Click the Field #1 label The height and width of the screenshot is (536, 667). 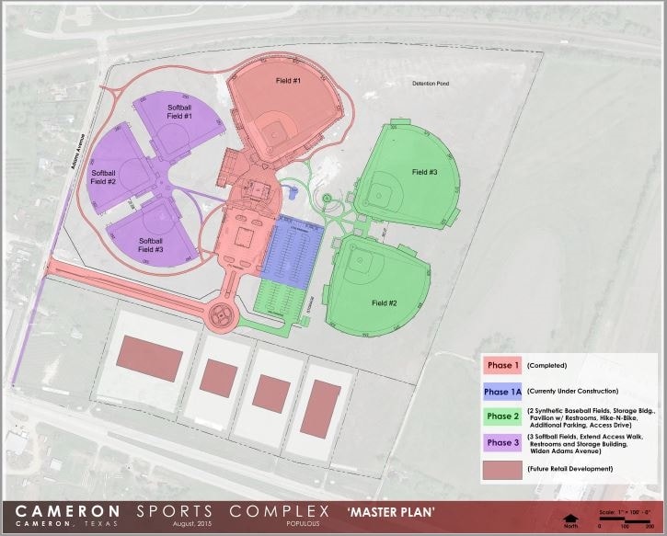[x=288, y=81]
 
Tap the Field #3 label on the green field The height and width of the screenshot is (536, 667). [x=424, y=172]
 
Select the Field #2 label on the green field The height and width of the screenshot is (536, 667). [x=385, y=303]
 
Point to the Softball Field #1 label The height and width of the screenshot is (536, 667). [x=179, y=112]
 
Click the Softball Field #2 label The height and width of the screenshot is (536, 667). [x=103, y=177]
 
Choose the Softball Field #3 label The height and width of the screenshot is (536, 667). [x=151, y=245]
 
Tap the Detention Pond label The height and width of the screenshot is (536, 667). [x=430, y=83]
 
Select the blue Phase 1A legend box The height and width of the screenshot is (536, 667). [x=502, y=392]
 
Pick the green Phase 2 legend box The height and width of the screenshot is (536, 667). [x=502, y=416]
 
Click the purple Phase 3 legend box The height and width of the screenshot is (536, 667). [x=502, y=443]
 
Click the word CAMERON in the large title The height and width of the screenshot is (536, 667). [x=67, y=509]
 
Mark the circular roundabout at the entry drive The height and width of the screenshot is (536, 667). [x=221, y=314]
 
